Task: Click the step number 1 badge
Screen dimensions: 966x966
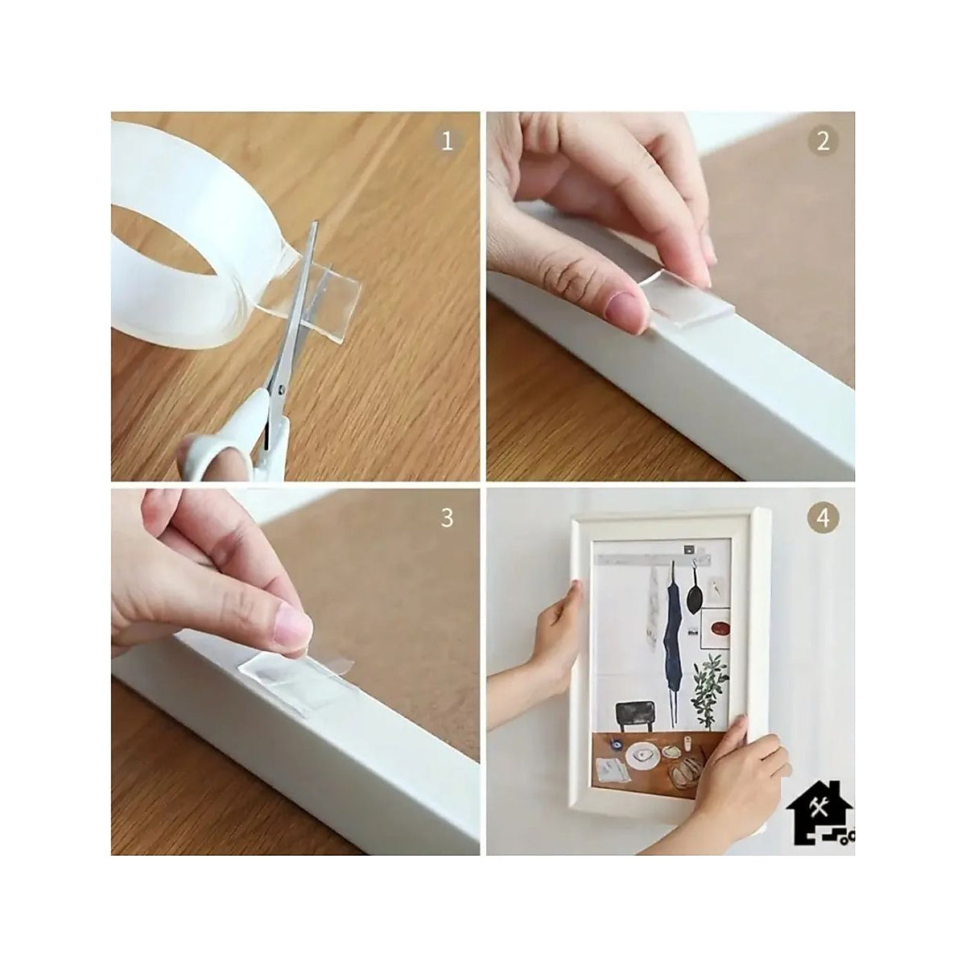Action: [x=447, y=142]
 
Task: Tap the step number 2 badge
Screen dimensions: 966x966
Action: [x=823, y=142]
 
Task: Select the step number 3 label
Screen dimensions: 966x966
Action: [x=447, y=518]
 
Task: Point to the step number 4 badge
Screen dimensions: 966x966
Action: [x=823, y=518]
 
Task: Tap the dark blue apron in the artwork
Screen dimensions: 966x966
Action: [x=673, y=637]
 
